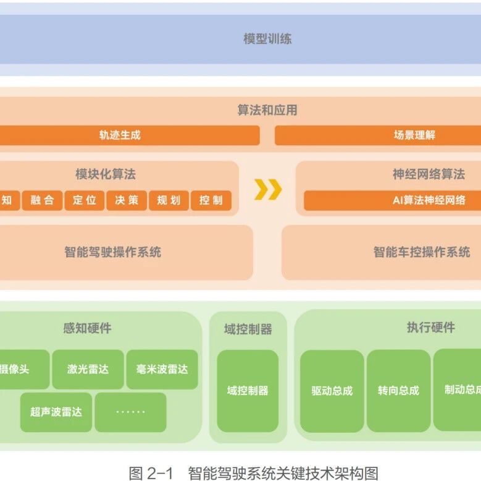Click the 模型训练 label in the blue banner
267,39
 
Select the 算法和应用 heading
267,110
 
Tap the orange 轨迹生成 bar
120,135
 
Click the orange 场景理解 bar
414,135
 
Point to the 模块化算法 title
106,174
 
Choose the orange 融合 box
42,200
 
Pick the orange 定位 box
85,200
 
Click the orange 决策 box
127,200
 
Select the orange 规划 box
169,200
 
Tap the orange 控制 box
211,200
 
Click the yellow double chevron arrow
268,189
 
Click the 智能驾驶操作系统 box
113,252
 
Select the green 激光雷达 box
88,370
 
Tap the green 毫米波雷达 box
162,370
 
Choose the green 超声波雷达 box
56,412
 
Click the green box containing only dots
130,412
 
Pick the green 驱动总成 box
332,391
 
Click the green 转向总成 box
398,391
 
